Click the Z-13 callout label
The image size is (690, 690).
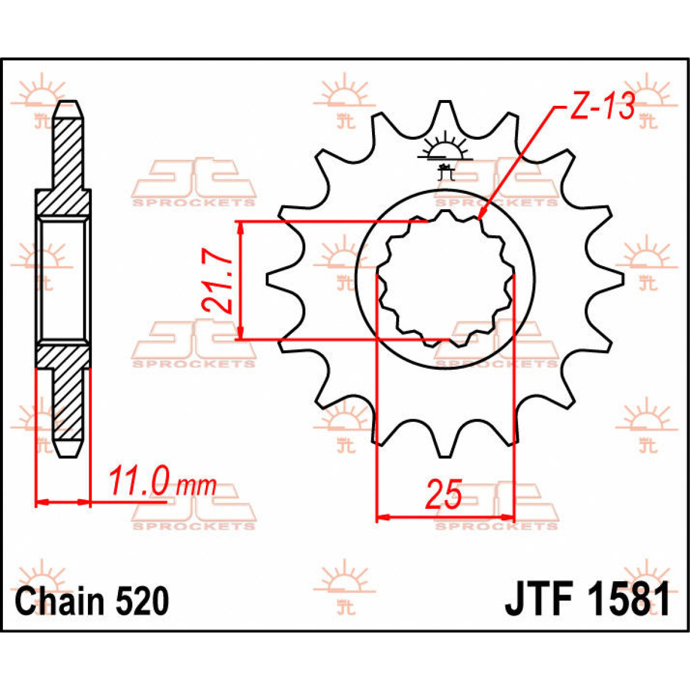tap(601, 107)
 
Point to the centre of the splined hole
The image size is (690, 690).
tap(444, 280)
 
